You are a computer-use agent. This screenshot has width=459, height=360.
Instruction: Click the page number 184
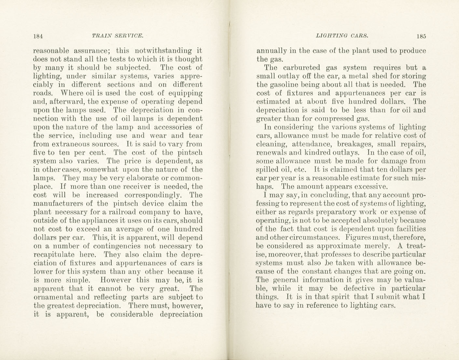click(38, 36)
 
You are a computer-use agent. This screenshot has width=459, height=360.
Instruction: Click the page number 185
click(421, 36)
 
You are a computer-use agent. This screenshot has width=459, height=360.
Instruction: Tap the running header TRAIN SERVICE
click(118, 36)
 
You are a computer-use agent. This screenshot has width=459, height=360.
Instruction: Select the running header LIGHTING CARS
click(342, 36)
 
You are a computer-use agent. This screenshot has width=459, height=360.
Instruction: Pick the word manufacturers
click(61, 204)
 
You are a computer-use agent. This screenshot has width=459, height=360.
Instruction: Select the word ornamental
click(55, 297)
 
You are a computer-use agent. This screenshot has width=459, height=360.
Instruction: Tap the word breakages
click(355, 144)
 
